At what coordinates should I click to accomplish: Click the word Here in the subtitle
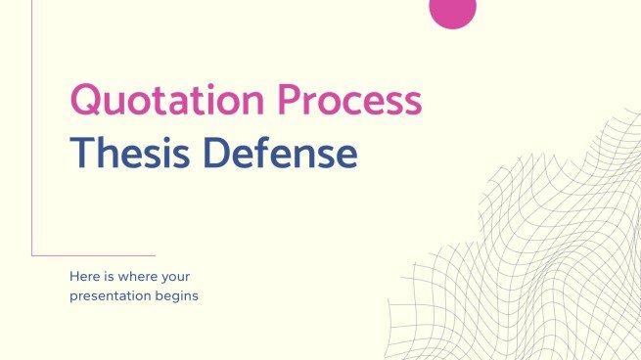[x=83, y=277]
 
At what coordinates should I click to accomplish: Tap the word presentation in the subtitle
[x=110, y=295]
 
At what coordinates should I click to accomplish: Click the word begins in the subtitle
[x=176, y=295]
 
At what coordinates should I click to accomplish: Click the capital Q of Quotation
[x=87, y=102]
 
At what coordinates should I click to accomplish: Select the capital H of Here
[x=73, y=277]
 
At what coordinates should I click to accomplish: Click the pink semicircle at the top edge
[x=453, y=12]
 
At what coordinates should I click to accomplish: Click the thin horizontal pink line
[x=93, y=256]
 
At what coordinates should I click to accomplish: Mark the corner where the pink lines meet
[x=32, y=256]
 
